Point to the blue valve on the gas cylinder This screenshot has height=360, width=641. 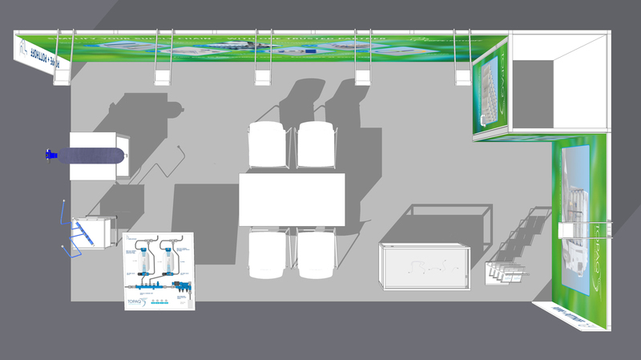click(51, 154)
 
